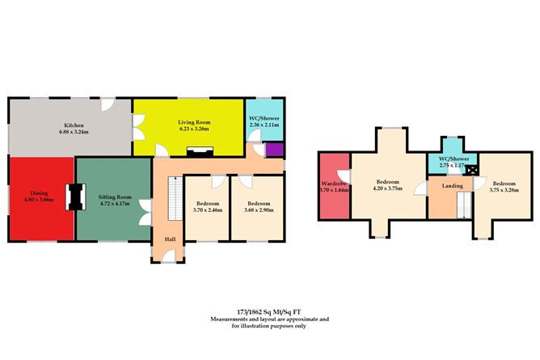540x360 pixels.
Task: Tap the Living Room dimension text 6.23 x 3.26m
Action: coord(188,129)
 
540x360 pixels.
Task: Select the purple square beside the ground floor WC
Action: coord(274,149)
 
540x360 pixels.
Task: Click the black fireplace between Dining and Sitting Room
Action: coord(75,197)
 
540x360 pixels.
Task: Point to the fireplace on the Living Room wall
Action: coord(198,150)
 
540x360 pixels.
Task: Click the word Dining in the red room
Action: coord(38,193)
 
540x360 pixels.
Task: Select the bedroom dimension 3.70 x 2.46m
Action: coord(208,210)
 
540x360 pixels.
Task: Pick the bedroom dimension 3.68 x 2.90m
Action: coord(258,210)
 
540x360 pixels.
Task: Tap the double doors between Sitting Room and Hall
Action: coord(146,214)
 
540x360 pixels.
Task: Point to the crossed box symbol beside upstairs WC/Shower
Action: coord(471,169)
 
